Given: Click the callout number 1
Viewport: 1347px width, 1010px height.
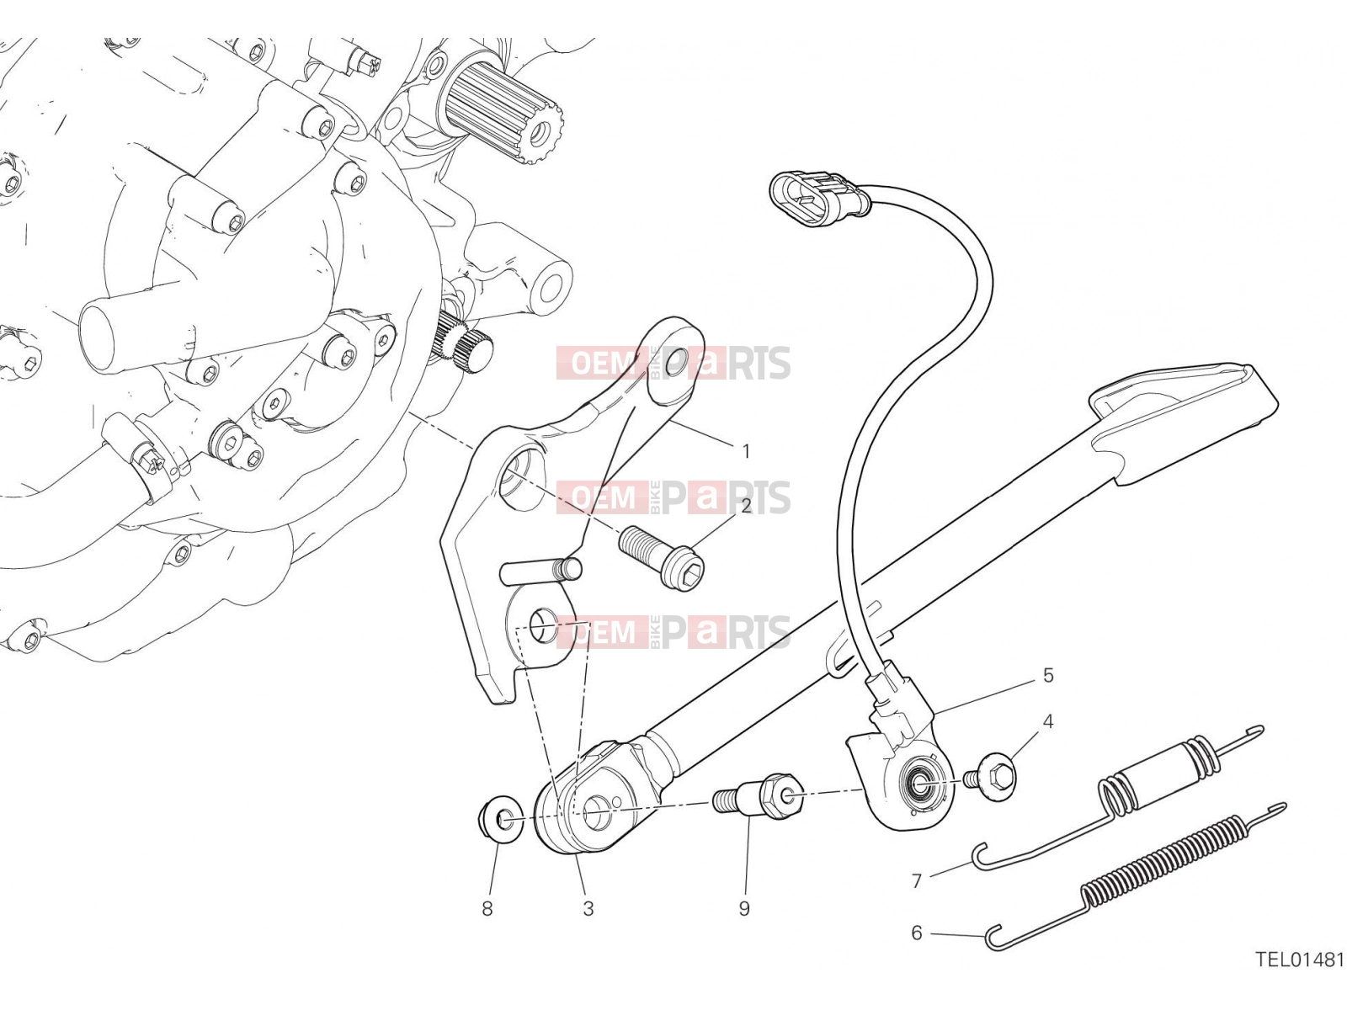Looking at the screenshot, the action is click(x=746, y=452).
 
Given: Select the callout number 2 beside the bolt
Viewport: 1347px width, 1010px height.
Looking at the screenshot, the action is click(x=746, y=507).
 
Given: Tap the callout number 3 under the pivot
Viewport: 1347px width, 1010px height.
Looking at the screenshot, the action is click(x=588, y=909).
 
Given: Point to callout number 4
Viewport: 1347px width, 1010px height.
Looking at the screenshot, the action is click(x=1048, y=721).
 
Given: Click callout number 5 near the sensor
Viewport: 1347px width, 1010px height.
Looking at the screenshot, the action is click(x=1048, y=675).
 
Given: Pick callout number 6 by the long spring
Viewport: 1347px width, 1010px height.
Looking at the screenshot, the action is click(x=917, y=933).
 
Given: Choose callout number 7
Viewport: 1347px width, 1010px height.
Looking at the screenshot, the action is click(x=917, y=881).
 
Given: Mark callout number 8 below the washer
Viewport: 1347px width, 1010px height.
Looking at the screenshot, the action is click(x=487, y=909).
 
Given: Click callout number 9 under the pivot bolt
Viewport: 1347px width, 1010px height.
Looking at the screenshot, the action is click(x=744, y=909).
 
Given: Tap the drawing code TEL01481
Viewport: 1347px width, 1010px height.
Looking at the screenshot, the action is click(x=1300, y=976).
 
